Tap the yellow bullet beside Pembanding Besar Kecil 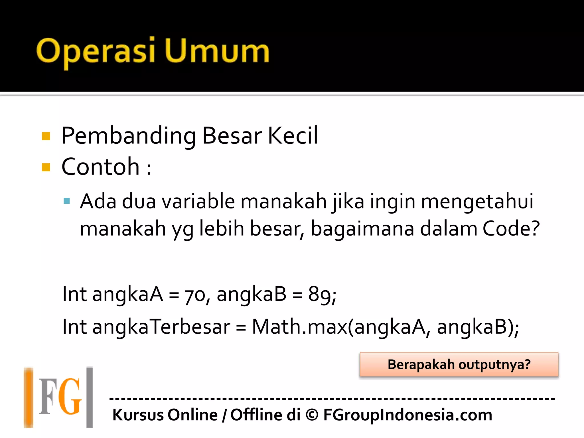tap(46, 136)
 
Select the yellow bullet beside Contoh tap(46, 167)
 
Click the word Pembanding tap(128, 136)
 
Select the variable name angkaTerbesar tap(161, 327)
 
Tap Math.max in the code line tap(299, 327)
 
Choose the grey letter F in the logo tap(47, 397)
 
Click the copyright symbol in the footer tap(312, 415)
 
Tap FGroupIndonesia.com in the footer tap(408, 415)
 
